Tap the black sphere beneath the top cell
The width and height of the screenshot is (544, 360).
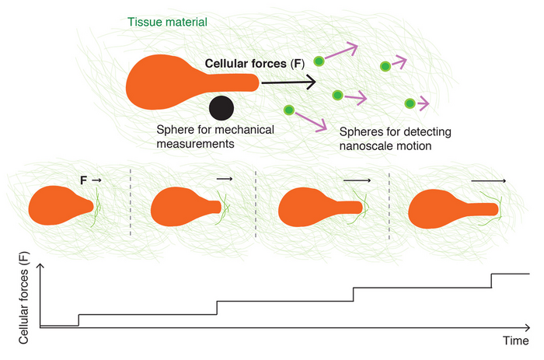[x=221, y=107]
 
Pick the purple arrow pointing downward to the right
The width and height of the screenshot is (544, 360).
[x=314, y=121]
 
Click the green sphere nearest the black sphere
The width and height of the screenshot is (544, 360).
[x=289, y=110]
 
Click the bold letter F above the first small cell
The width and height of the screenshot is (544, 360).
[x=84, y=180]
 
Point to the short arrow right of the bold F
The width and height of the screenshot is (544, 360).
[x=96, y=180]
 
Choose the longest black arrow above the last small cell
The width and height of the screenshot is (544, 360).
[x=489, y=180]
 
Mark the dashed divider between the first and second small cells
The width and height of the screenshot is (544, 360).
[x=130, y=203]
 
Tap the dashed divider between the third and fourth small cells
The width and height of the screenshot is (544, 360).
[x=389, y=203]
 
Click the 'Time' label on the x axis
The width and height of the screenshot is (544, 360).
[x=516, y=341]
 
